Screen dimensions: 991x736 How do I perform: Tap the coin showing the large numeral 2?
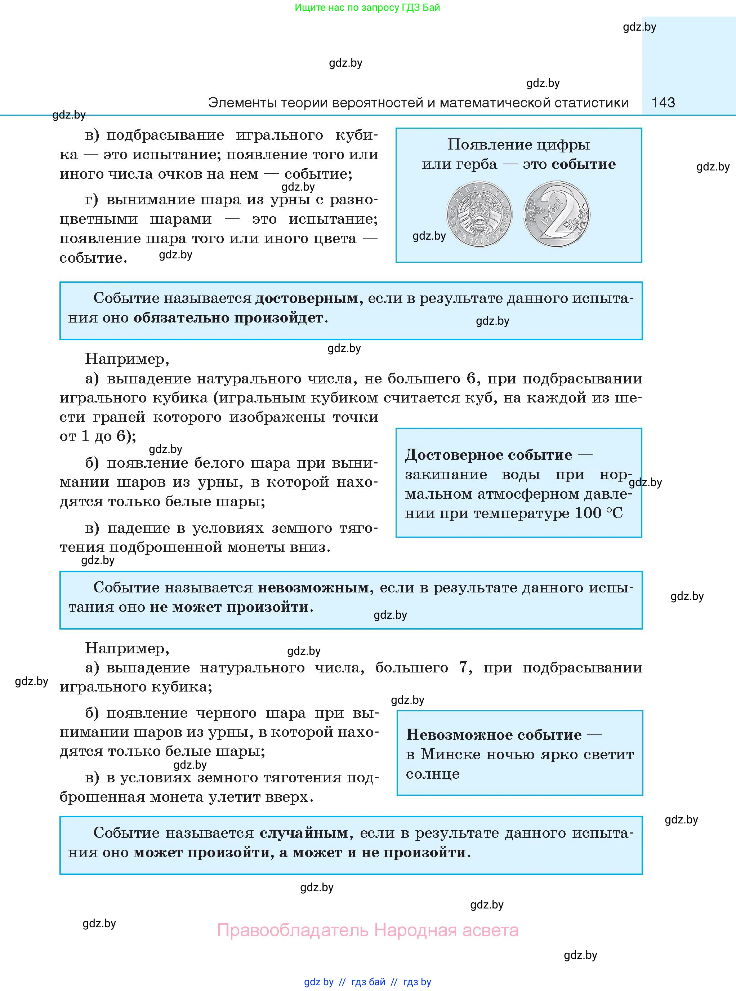pyautogui.click(x=557, y=214)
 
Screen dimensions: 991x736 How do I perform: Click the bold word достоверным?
pyautogui.click(x=307, y=298)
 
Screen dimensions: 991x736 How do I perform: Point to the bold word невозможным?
pyautogui.click(x=314, y=587)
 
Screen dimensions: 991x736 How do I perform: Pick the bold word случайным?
pyautogui.click(x=303, y=832)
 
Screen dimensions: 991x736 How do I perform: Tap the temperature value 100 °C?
pyautogui.click(x=598, y=513)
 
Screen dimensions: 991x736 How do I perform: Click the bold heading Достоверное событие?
pyautogui.click(x=488, y=454)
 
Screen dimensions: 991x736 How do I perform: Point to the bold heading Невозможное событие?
pyautogui.click(x=494, y=734)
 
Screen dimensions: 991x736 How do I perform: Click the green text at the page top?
pyautogui.click(x=367, y=8)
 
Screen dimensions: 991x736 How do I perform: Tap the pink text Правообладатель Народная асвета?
pyautogui.click(x=367, y=930)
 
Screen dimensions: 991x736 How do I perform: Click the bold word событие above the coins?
pyautogui.click(x=584, y=164)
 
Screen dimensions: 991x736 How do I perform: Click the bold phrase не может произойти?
pyautogui.click(x=229, y=607)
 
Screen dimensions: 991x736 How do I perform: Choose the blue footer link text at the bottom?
pyautogui.click(x=367, y=982)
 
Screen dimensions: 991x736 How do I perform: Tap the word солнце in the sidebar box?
pyautogui.click(x=432, y=774)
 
